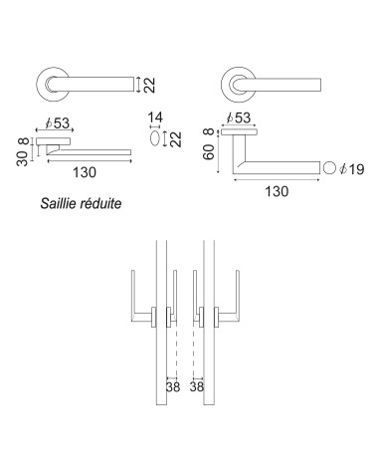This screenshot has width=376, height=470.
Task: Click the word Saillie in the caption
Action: [x=59, y=203]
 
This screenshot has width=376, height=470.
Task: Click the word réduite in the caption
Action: [x=100, y=203]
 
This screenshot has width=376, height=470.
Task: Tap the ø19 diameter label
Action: [x=352, y=169]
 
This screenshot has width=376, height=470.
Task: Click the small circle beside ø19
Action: [x=329, y=167]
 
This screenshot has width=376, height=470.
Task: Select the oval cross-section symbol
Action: [x=155, y=138]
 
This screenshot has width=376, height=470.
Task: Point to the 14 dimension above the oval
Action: [x=155, y=117]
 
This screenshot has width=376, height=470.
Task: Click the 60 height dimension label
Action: [x=209, y=152]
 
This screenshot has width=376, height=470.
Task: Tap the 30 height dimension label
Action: [x=23, y=158]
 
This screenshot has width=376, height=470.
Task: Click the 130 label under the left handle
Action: [x=85, y=172]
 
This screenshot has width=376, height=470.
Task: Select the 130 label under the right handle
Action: [x=277, y=191]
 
